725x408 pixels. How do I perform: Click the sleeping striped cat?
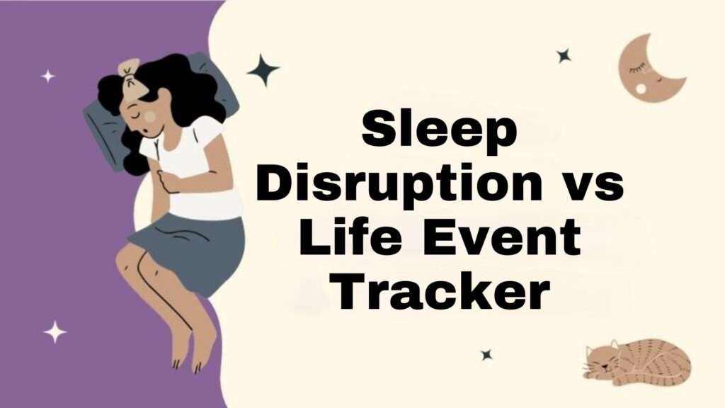[x=637, y=361]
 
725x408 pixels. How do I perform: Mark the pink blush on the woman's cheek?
[x=151, y=115]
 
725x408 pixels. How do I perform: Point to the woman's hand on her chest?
[x=170, y=181]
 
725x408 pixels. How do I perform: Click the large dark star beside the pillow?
[x=263, y=70]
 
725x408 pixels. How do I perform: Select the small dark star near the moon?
[x=564, y=55]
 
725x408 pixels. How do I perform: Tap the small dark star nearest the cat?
[x=486, y=354]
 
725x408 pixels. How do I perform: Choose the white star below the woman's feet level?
[x=55, y=331]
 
